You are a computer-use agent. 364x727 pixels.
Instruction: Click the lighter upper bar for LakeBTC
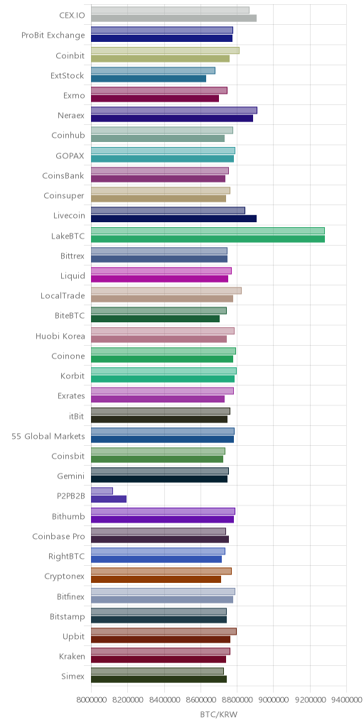tap(208, 231)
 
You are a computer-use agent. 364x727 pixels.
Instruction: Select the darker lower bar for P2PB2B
tap(109, 499)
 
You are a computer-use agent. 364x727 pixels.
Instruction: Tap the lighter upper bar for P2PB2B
tap(102, 491)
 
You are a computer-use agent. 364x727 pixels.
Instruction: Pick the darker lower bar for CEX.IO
tap(173, 18)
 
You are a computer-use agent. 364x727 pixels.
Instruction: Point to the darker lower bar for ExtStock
tap(149, 78)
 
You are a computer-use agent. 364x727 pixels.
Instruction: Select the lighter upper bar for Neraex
tap(174, 110)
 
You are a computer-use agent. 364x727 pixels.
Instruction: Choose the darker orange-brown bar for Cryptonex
tap(156, 579)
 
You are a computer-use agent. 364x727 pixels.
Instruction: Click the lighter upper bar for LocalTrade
tap(166, 290)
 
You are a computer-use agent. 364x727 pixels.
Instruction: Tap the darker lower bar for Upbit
tap(161, 640)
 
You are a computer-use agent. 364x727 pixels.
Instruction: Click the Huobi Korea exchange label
tap(60, 336)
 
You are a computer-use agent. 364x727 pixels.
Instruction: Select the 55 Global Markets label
tap(48, 437)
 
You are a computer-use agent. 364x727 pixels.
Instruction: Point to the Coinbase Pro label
tap(59, 537)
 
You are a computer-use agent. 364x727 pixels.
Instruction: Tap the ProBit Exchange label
tap(53, 35)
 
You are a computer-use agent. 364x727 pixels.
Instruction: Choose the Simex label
tap(73, 677)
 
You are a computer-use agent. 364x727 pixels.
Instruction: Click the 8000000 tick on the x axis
tap(91, 699)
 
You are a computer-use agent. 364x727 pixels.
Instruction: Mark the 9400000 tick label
tap(346, 699)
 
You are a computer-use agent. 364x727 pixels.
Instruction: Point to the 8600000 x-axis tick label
tap(200, 699)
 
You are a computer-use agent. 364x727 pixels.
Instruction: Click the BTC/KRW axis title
tap(219, 714)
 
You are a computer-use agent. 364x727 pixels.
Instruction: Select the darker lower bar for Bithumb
tap(163, 519)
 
